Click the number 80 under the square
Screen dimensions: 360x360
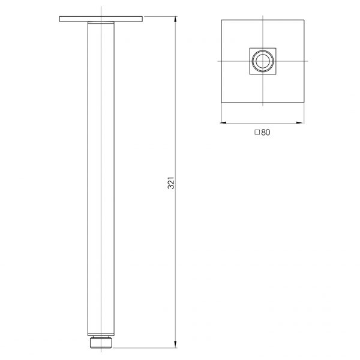[x=266, y=133]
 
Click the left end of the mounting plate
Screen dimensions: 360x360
[x=61, y=20]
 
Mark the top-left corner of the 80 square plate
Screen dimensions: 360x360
[x=222, y=20]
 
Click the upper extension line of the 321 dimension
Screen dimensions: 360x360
[x=161, y=17]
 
